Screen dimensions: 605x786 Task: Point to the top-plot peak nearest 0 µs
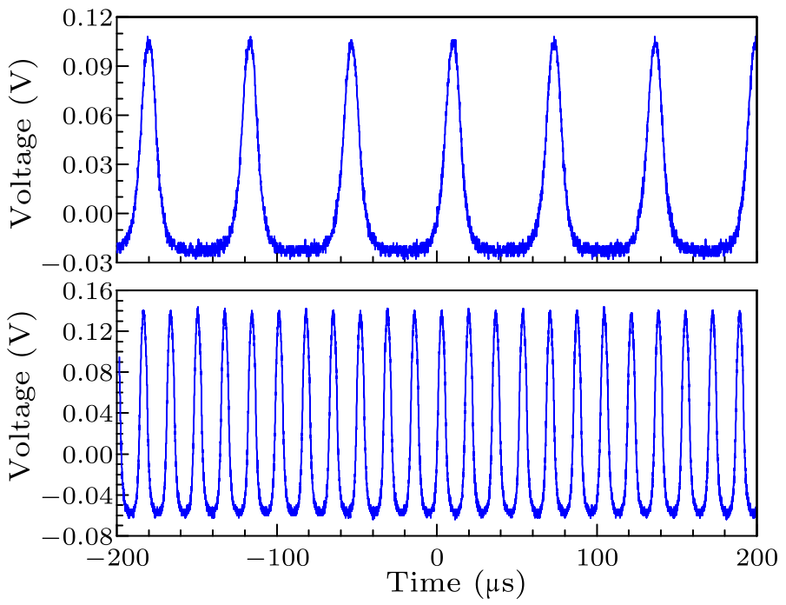[453, 42]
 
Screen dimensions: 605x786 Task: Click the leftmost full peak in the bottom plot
[143, 312]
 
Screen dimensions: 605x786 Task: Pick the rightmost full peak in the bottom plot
[740, 312]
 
